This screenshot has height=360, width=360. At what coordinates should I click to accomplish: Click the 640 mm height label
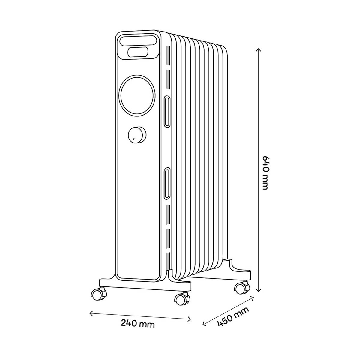coord(264,172)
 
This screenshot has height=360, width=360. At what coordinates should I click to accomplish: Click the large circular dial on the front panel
coord(138,95)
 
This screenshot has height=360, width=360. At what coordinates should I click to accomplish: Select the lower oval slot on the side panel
coord(167,184)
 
